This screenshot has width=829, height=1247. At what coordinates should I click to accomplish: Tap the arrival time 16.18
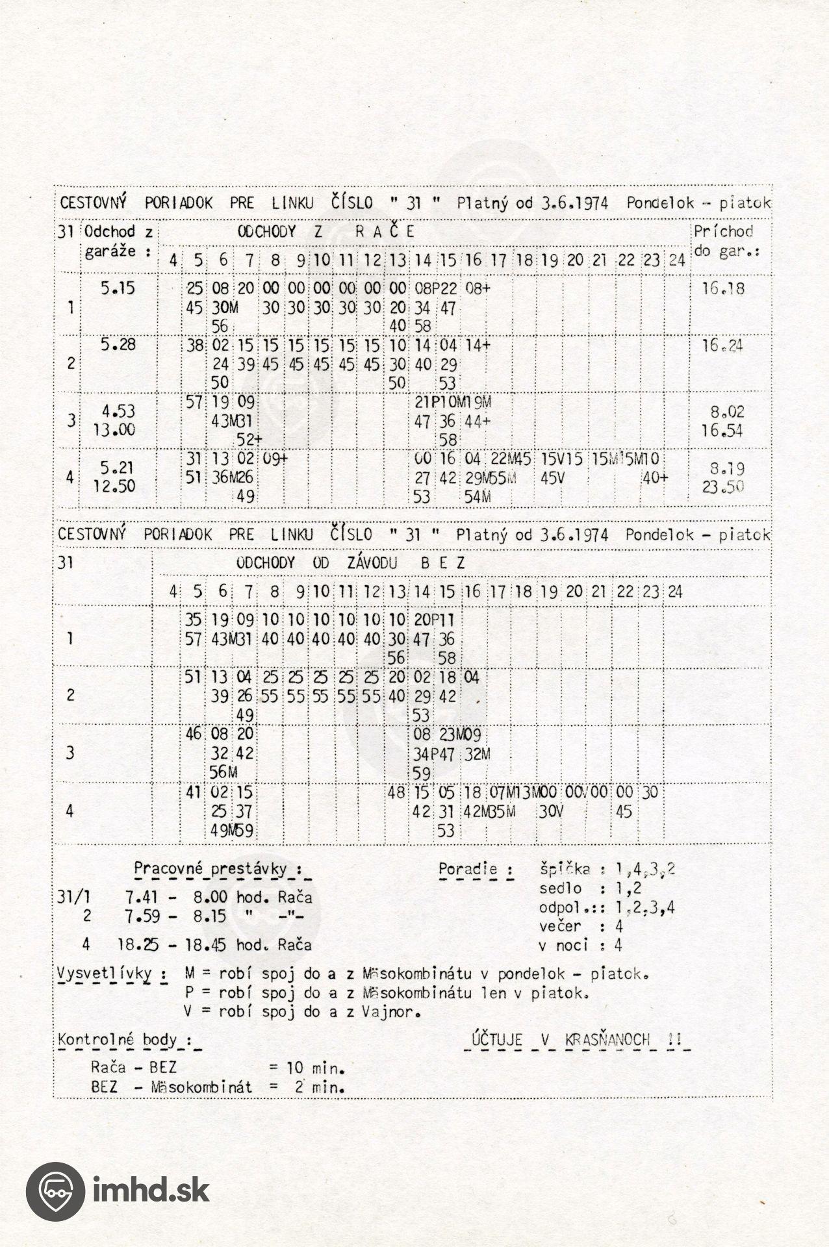coord(724,288)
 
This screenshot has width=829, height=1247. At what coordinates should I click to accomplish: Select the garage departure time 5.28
coord(118,344)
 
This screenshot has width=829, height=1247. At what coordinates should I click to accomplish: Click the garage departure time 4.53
coord(118,411)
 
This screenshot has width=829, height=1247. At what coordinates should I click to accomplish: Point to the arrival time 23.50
coord(724,486)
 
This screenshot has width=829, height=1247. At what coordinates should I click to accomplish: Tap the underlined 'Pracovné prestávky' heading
coord(218,869)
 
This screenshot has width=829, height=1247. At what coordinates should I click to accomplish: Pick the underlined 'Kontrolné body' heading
coord(124,1040)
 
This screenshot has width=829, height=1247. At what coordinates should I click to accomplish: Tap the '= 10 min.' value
coord(306,1067)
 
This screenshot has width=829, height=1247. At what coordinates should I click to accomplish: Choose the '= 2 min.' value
coord(306,1087)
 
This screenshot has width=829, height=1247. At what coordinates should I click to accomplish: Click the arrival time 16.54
coord(724,431)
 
